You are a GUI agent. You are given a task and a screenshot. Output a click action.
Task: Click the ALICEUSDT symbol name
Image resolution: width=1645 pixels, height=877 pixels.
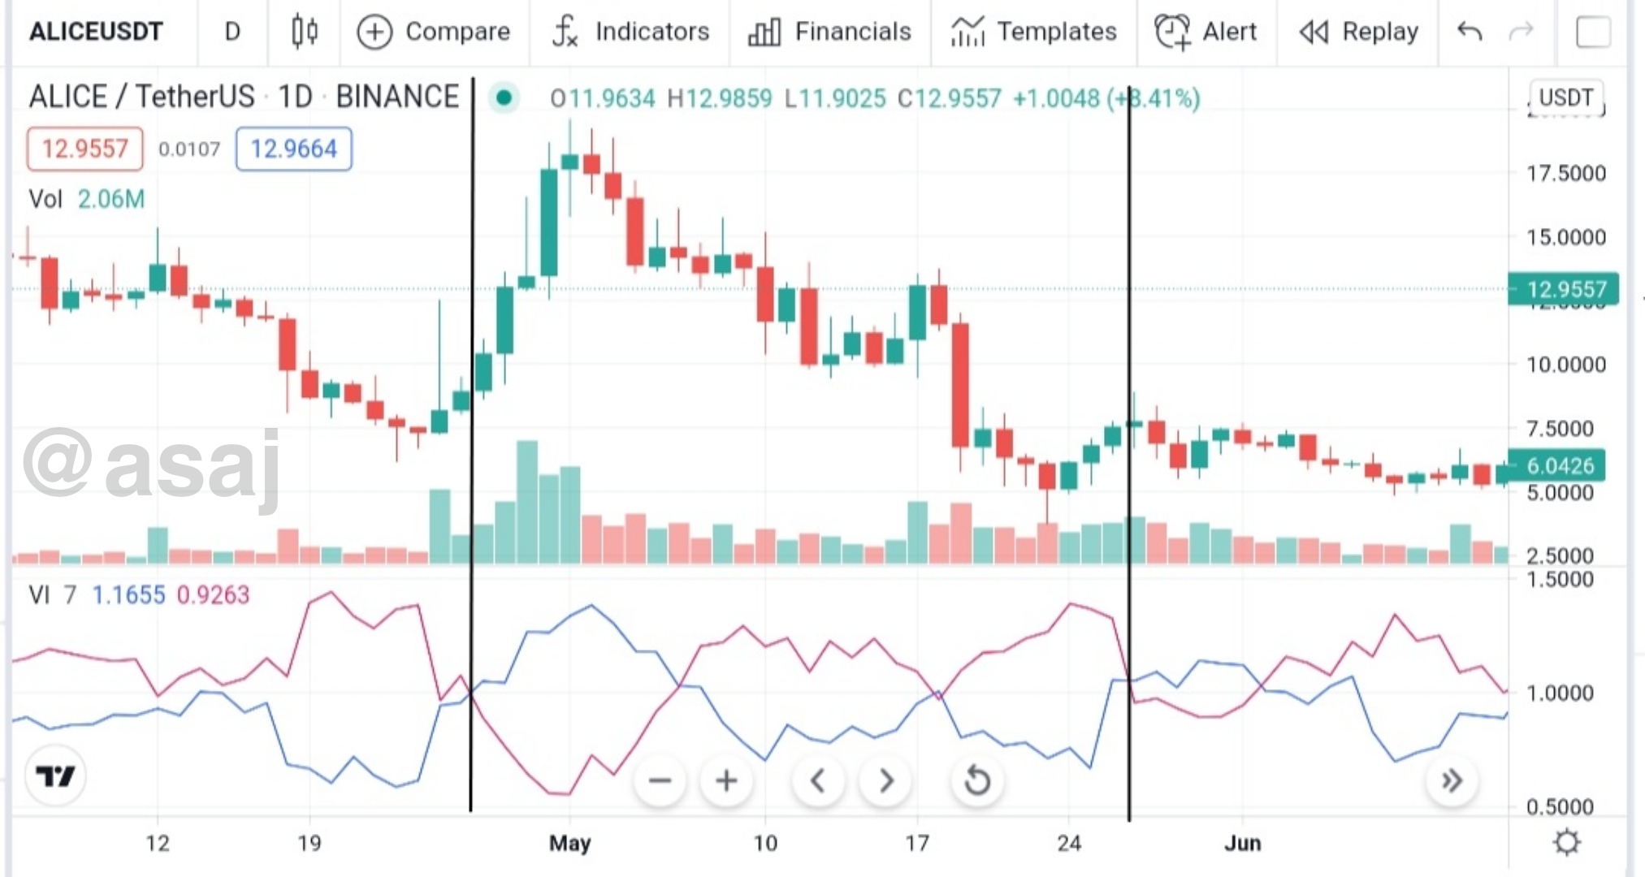pos(96,32)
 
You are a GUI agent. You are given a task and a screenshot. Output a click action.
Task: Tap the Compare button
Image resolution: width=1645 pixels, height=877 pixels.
pos(434,32)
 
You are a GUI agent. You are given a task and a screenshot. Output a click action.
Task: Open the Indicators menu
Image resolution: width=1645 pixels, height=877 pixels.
pos(630,32)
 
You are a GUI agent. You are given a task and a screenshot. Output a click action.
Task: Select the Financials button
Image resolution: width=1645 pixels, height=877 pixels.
pos(829,32)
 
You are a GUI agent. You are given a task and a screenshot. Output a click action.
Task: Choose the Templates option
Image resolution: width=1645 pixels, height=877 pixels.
pos(1033,32)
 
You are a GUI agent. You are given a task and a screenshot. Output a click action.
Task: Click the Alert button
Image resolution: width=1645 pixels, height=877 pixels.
pos(1206,32)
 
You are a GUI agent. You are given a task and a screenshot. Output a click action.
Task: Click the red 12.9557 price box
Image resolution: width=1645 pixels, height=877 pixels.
pos(84,149)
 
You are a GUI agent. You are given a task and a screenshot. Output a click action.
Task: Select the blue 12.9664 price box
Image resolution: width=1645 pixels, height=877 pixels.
pos(293,149)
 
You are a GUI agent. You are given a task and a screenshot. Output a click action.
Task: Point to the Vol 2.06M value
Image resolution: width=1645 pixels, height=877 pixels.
pos(110,199)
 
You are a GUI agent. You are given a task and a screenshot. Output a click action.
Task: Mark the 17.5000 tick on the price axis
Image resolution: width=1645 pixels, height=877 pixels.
pos(1565,173)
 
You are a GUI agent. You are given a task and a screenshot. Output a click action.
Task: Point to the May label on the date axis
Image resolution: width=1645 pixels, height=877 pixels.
pos(569,843)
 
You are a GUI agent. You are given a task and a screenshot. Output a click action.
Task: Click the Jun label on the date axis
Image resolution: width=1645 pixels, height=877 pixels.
pos(1242,843)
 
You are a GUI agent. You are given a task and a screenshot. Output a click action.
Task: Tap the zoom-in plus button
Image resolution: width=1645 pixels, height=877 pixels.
pos(726,781)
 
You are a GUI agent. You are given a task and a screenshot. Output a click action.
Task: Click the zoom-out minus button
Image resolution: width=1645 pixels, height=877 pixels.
pos(660,781)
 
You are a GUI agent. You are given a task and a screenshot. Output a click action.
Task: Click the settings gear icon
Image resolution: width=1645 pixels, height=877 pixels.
pos(1566,842)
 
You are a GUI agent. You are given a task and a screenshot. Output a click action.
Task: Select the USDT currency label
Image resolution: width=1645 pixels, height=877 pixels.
pos(1565,97)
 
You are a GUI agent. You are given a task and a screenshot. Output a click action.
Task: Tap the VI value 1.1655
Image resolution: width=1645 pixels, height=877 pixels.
pos(128,595)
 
